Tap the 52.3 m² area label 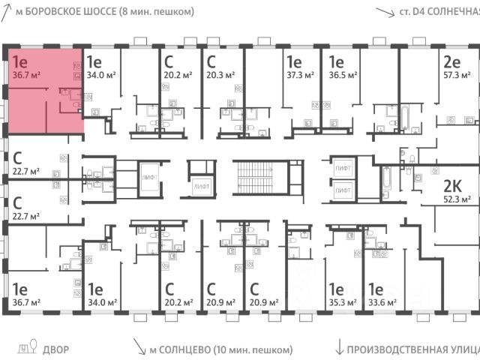pyautogui.click(x=457, y=199)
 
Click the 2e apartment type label pyautogui.click(x=451, y=62)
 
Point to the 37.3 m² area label pyautogui.click(x=298, y=76)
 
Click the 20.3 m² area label pyautogui.click(x=220, y=76)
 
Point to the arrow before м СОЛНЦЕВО pyautogui.click(x=139, y=346)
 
